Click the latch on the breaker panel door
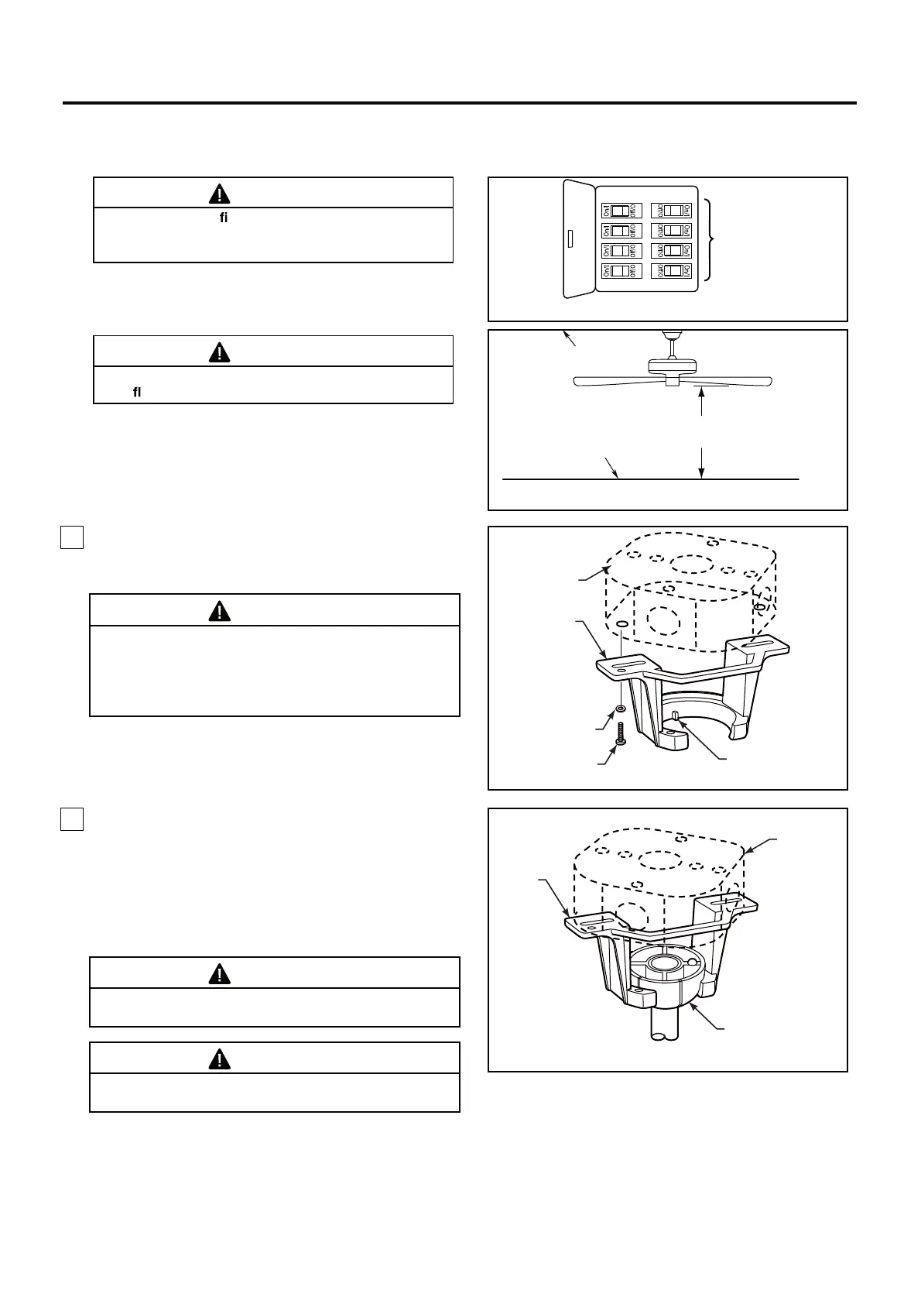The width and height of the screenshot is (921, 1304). [x=570, y=238]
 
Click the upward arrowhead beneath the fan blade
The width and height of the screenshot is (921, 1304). [x=701, y=393]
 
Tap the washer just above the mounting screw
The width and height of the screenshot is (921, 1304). [x=620, y=709]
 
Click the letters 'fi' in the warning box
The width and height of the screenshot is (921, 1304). [x=224, y=219]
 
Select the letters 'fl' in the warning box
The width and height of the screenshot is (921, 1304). [x=137, y=393]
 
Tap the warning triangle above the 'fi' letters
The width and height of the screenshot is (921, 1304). [x=221, y=194]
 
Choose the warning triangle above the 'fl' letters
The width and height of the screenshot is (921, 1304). [x=221, y=352]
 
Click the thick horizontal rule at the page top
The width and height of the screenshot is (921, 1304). [x=460, y=102]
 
